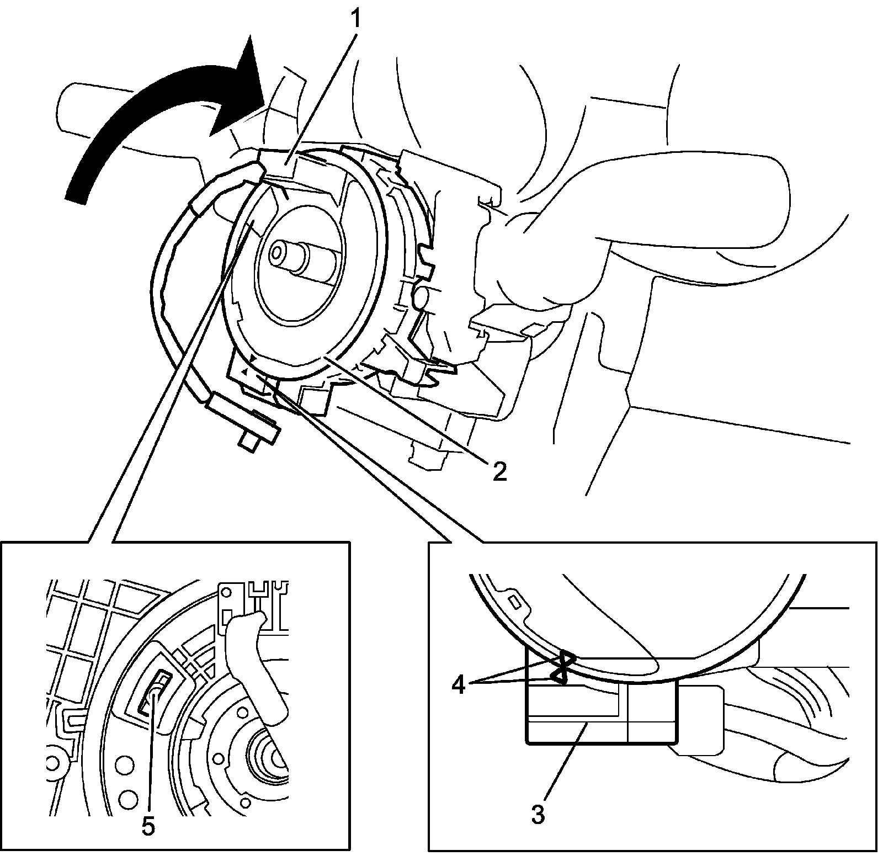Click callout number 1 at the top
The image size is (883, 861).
click(357, 19)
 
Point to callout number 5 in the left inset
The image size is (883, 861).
click(148, 826)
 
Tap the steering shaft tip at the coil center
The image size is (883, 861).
click(277, 254)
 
